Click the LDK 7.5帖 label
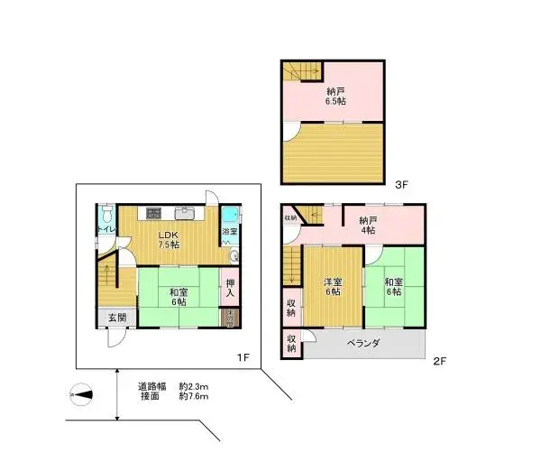point(169,239)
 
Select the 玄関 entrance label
point(117,318)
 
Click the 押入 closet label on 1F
point(230,288)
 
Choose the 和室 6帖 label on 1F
point(178,297)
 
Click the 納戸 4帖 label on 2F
point(369,225)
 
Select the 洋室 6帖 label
point(332,285)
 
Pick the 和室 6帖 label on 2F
point(394,285)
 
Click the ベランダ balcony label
point(362,343)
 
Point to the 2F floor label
point(439,361)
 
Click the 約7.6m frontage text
point(194,396)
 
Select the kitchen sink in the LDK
point(186,214)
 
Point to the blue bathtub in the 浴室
point(231,215)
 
